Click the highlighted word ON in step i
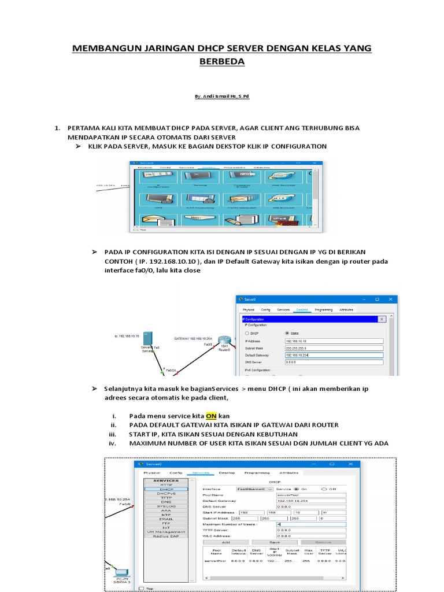(212, 416)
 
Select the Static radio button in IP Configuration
(287, 333)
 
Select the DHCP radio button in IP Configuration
(247, 333)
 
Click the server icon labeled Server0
(147, 338)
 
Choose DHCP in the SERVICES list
(166, 489)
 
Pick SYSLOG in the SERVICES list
(166, 506)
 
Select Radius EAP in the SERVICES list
(166, 536)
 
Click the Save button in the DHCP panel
(275, 542)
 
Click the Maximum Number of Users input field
(310, 524)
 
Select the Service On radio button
(297, 489)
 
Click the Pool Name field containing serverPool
(310, 495)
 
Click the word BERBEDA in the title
(221, 61)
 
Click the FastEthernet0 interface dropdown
(254, 489)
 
